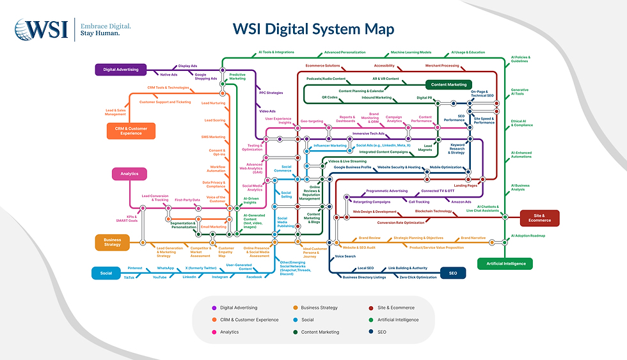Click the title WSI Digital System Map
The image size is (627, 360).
coord(313,29)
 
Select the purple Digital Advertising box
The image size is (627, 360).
coord(122,69)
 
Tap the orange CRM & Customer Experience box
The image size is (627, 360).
coord(131,130)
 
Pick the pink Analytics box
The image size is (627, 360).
coord(130,173)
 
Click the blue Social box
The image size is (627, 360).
coord(106,273)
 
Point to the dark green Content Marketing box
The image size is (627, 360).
coord(448,84)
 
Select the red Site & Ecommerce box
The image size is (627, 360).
coord(539,218)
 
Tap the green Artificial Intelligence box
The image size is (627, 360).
coord(505,263)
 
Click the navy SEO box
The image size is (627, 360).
coord(453,273)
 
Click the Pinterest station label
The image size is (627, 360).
coord(135,268)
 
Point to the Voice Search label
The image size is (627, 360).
coord(345,256)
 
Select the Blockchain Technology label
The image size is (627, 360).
coord(433,211)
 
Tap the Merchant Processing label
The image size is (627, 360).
coord(442,65)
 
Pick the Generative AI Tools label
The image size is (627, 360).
coord(520,92)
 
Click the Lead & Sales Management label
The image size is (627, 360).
coord(116,113)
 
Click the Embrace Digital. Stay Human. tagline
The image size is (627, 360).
coord(106,29)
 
